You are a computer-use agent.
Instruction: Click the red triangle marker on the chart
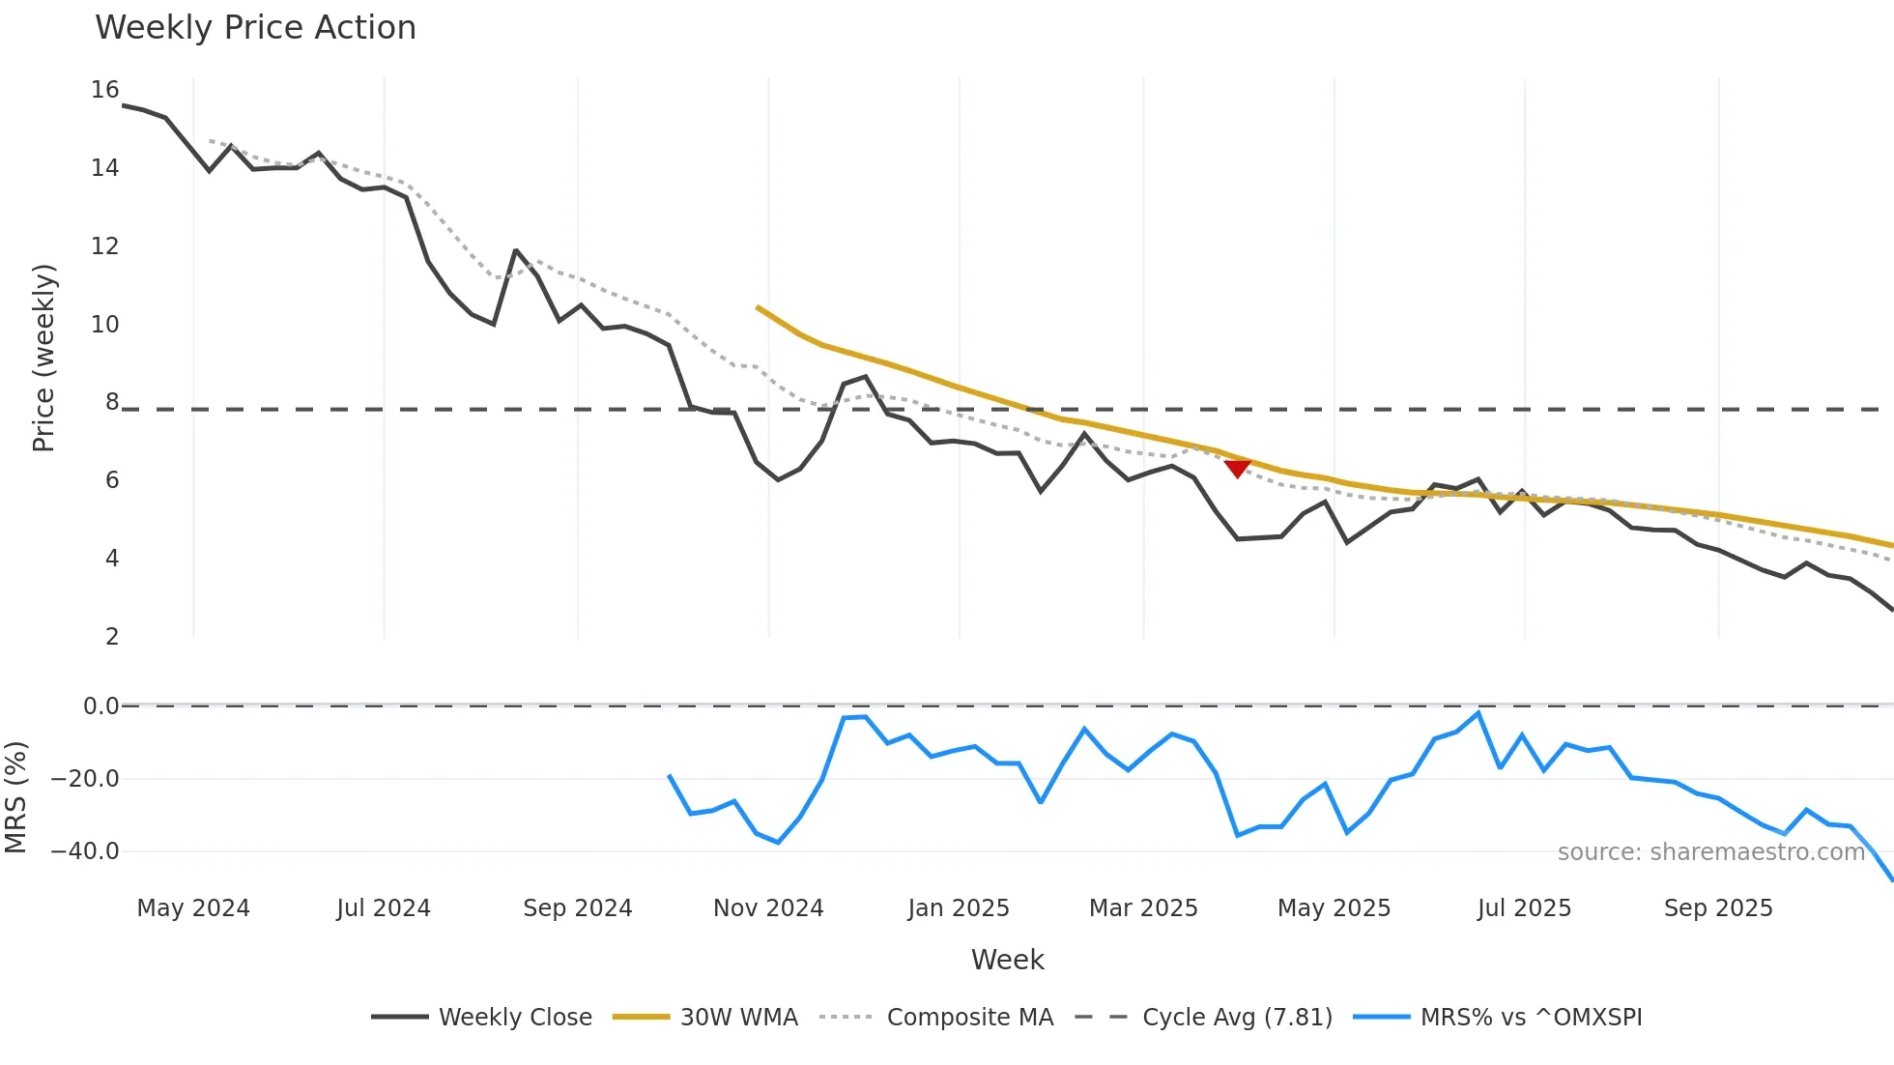pyautogui.click(x=1237, y=469)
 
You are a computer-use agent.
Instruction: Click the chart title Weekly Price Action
pyautogui.click(x=255, y=28)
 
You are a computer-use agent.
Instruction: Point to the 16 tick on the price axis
pyautogui.click(x=105, y=90)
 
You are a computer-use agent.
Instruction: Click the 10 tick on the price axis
pyautogui.click(x=105, y=325)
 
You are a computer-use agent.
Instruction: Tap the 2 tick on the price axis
pyautogui.click(x=112, y=637)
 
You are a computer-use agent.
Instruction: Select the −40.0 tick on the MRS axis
pyautogui.click(x=85, y=851)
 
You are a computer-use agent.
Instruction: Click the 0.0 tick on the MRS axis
pyautogui.click(x=101, y=706)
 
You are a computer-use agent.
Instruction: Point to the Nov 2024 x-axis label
pyautogui.click(x=768, y=908)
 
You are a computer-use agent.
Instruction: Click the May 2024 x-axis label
pyautogui.click(x=193, y=908)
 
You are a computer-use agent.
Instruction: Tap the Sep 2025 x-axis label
pyautogui.click(x=1718, y=908)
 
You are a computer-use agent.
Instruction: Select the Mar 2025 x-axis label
pyautogui.click(x=1143, y=908)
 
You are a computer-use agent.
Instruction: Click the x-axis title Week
pyautogui.click(x=1007, y=960)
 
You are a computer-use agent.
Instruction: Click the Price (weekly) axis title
pyautogui.click(x=43, y=358)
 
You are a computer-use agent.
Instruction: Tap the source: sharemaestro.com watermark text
pyautogui.click(x=1710, y=852)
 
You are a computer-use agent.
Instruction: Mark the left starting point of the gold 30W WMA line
pyautogui.click(x=759, y=308)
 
